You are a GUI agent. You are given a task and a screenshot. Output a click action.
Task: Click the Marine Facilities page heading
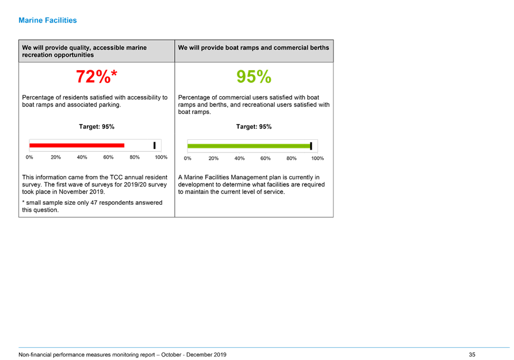(x=48, y=20)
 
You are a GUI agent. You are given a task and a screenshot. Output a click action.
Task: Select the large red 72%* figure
(x=97, y=76)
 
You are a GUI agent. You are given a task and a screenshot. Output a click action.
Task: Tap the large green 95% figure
(x=254, y=76)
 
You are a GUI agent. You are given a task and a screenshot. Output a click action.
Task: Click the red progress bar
(x=76, y=145)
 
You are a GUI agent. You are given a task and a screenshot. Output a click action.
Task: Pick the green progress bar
(x=249, y=146)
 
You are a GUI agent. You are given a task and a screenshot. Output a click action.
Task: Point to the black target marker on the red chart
(x=155, y=145)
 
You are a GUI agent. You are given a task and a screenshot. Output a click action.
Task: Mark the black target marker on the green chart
(x=311, y=146)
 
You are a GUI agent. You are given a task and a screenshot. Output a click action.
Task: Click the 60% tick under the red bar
(x=108, y=158)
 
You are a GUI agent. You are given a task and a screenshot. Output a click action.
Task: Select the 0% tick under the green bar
(x=187, y=158)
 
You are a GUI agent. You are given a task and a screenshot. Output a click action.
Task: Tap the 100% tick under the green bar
(x=317, y=158)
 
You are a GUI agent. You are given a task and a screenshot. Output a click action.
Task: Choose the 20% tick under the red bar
(x=56, y=158)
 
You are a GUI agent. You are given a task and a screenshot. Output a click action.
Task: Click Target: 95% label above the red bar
(x=97, y=127)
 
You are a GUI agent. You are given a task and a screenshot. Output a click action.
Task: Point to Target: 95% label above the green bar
(x=254, y=127)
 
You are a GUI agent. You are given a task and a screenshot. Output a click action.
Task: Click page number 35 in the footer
(x=472, y=355)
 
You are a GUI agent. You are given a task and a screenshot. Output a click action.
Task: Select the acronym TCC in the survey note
(x=116, y=177)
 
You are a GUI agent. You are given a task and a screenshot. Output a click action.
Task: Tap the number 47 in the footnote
(x=94, y=203)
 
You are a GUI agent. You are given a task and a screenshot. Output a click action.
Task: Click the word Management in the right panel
(x=247, y=177)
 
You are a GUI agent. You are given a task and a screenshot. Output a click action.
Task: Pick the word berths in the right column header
(x=320, y=48)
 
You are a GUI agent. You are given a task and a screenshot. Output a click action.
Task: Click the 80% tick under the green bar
(x=291, y=158)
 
